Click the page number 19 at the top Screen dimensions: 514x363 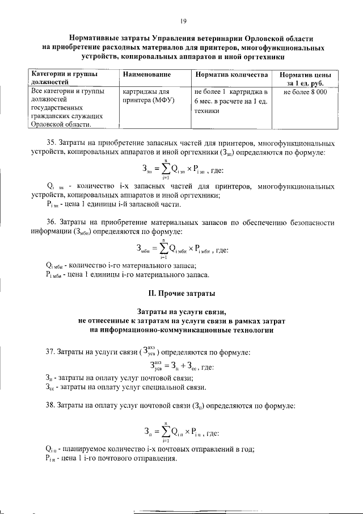point(183,21)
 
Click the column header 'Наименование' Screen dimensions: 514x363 point(146,75)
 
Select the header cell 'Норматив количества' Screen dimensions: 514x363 point(230,75)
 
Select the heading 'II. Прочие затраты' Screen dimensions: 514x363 point(181,293)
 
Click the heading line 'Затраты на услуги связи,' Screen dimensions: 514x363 point(181,312)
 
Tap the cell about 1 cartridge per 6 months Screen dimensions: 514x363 point(230,101)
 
